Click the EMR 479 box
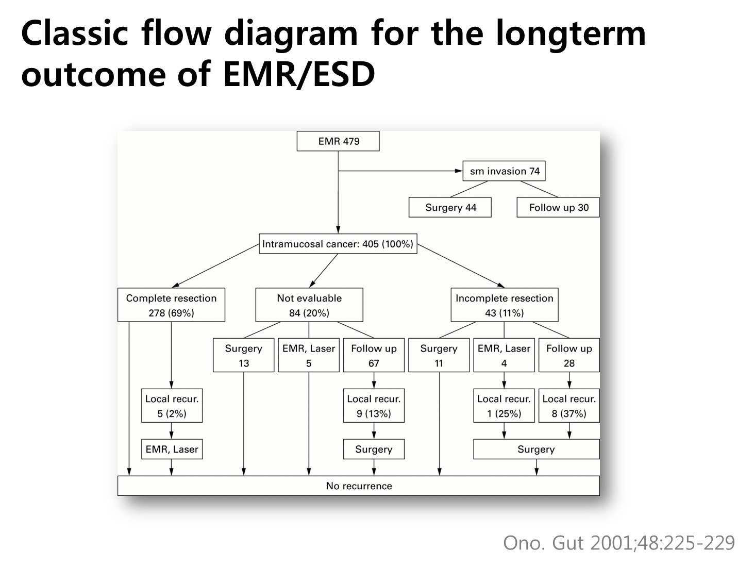point(338,141)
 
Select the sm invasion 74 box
point(504,171)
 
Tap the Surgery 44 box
point(450,207)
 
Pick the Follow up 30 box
point(558,207)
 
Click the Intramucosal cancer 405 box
point(338,244)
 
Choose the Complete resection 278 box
point(172,305)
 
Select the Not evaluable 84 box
point(309,305)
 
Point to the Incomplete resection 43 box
point(505,305)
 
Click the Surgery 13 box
point(244,355)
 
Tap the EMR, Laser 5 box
point(309,355)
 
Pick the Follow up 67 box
point(374,355)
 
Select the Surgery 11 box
point(439,355)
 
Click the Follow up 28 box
point(569,355)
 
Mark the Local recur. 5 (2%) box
point(172,406)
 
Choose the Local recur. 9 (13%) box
point(374,406)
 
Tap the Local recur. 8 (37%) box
point(569,406)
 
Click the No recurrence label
point(359,486)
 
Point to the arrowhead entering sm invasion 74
point(459,171)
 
